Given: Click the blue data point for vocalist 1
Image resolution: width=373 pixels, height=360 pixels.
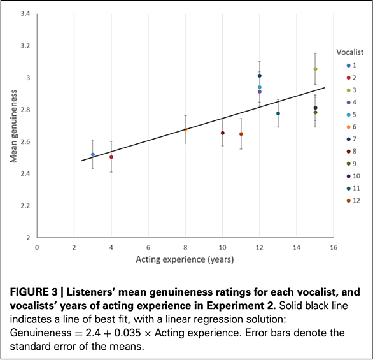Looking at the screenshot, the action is click(93, 155).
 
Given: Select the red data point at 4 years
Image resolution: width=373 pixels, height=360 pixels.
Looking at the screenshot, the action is click(111, 157).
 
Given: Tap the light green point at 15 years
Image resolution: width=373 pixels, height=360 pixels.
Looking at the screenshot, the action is click(316, 69).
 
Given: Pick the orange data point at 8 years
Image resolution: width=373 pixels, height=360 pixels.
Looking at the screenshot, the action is click(186, 129).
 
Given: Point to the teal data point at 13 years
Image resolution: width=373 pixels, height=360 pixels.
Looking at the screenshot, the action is click(278, 113).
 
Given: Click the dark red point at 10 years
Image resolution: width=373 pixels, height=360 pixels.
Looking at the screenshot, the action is click(223, 133).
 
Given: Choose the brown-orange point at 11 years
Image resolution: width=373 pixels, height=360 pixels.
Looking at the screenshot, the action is click(241, 134).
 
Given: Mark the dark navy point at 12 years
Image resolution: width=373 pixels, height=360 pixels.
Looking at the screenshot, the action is click(260, 76).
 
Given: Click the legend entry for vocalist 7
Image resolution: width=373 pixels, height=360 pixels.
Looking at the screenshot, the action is click(351, 139).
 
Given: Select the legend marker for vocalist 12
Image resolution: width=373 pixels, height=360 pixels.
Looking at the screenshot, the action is click(349, 201).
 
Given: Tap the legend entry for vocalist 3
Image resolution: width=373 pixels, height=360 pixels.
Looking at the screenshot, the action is click(351, 90).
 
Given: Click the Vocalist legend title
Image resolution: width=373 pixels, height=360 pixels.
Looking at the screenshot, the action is click(349, 52).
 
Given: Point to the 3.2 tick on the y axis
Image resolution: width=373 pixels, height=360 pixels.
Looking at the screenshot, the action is click(25, 46).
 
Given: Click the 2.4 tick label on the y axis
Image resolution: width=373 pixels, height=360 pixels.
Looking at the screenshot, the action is click(25, 174).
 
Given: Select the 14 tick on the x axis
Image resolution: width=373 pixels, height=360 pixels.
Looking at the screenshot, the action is click(297, 248).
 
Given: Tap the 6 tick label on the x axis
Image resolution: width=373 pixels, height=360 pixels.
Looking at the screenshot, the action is click(148, 248).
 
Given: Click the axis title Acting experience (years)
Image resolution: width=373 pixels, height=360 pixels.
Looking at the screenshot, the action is click(185, 259).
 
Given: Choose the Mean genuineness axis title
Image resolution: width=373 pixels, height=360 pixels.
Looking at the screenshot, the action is click(14, 126).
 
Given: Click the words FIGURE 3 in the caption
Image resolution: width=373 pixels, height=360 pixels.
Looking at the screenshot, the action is click(34, 292).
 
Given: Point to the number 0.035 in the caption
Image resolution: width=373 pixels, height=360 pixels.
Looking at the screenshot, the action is click(127, 333).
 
